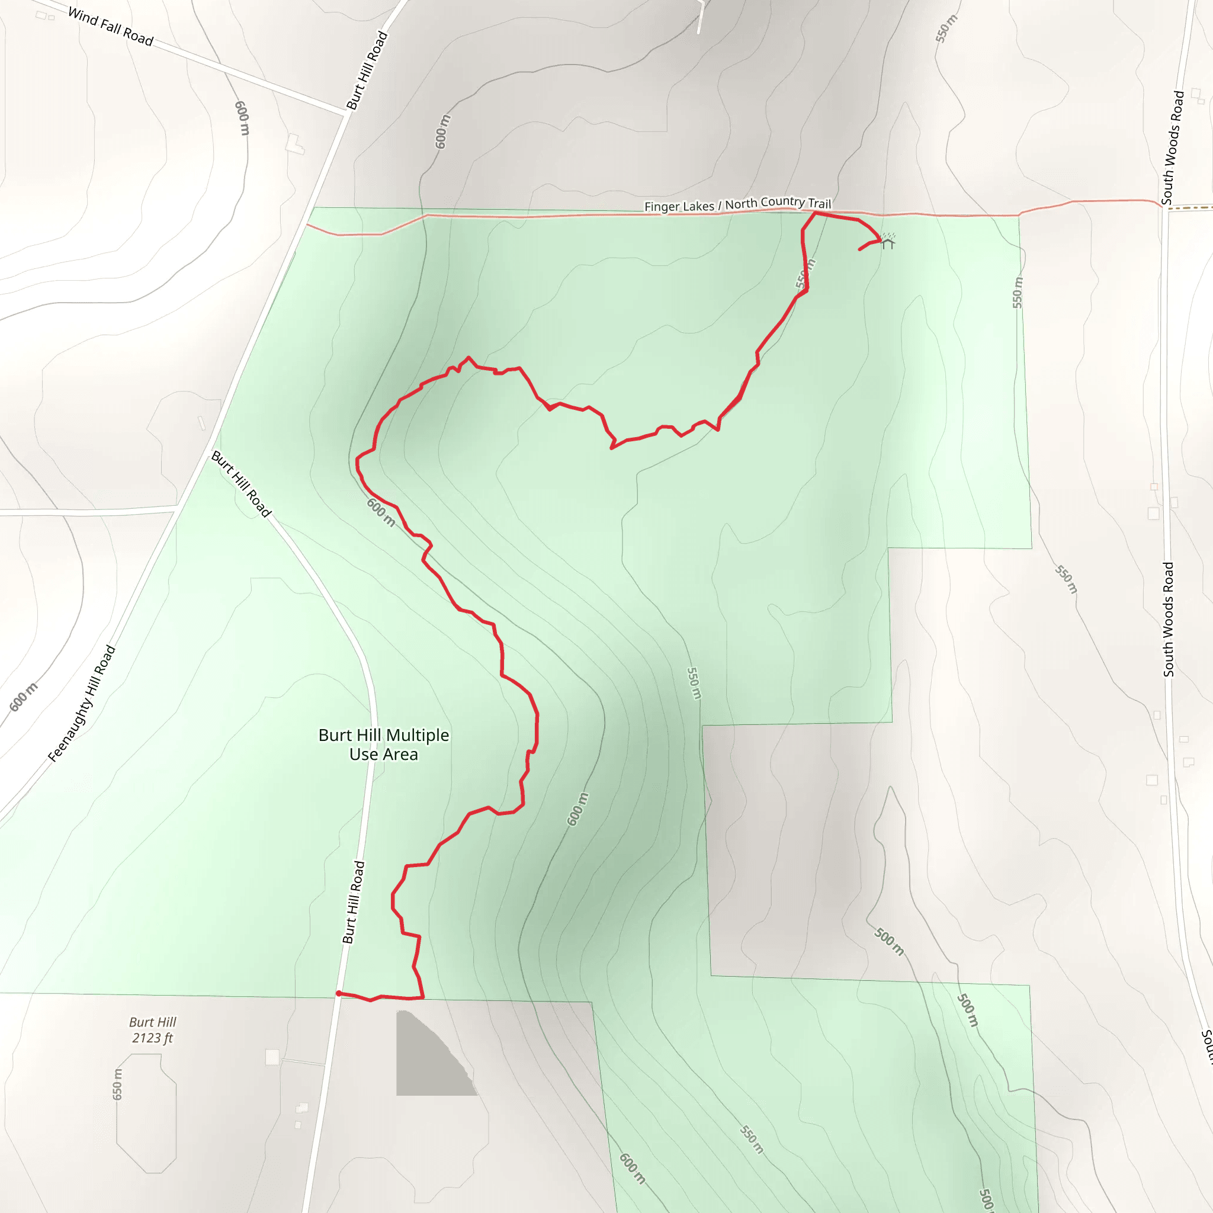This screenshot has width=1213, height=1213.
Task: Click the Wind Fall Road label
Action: [x=111, y=27]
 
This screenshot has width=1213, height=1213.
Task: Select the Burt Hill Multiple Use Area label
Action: [x=384, y=745]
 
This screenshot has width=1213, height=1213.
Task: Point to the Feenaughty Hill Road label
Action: [x=82, y=704]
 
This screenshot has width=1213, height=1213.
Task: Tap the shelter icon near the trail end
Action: [x=887, y=241]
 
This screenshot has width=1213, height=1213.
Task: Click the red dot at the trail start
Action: [x=338, y=993]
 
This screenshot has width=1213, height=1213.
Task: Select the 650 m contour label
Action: [x=117, y=1084]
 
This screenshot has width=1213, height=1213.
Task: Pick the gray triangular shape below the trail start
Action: [x=427, y=1061]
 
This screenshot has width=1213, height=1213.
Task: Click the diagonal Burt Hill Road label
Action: [x=241, y=483]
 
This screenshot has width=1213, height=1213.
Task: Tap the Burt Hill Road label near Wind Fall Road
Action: [x=367, y=70]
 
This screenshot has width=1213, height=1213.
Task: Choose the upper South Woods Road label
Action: [x=1172, y=147]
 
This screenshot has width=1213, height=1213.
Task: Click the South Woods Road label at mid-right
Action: [x=1168, y=619]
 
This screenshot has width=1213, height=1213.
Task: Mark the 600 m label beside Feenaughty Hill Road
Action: [x=23, y=697]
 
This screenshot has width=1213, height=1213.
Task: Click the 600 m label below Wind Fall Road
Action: [x=242, y=118]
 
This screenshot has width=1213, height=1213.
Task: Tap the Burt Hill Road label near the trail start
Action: [x=353, y=903]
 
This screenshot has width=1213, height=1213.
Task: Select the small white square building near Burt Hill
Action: [x=272, y=1057]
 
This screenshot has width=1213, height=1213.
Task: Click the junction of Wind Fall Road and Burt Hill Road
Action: [x=347, y=113]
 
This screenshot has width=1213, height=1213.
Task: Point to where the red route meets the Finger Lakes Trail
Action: [x=815, y=213]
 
